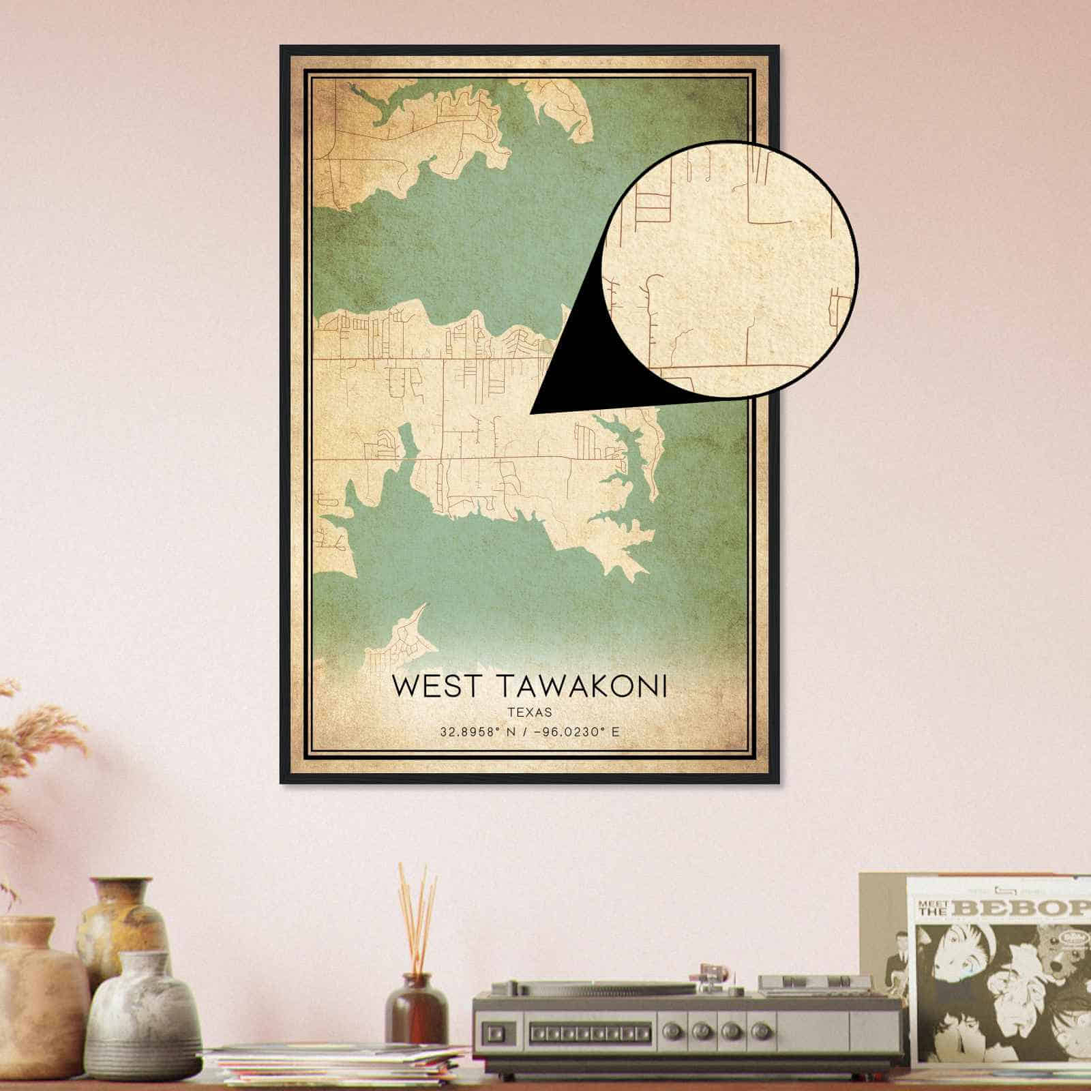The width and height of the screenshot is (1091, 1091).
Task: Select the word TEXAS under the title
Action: [x=529, y=712]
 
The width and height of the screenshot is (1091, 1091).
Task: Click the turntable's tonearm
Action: [x=709, y=982]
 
